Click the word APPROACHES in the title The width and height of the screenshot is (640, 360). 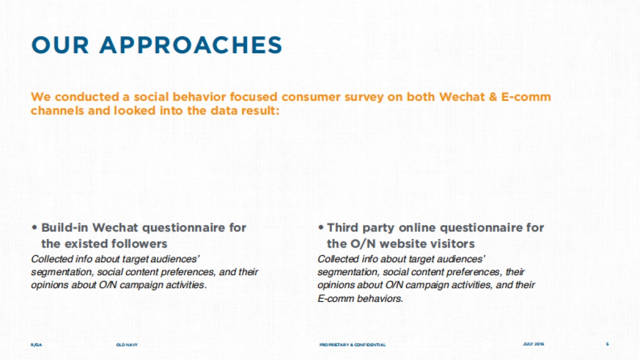(x=191, y=45)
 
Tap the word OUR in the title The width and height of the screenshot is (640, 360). (x=60, y=45)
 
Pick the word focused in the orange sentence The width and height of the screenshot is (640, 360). (x=253, y=97)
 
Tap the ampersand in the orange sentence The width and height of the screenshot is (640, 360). (x=493, y=97)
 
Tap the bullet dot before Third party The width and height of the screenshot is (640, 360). (x=321, y=228)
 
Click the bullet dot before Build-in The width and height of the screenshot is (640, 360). (x=35, y=228)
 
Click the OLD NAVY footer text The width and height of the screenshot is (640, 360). (x=127, y=345)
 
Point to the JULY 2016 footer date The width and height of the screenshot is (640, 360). (x=533, y=344)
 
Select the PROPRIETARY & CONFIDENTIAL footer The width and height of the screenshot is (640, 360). (x=353, y=345)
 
